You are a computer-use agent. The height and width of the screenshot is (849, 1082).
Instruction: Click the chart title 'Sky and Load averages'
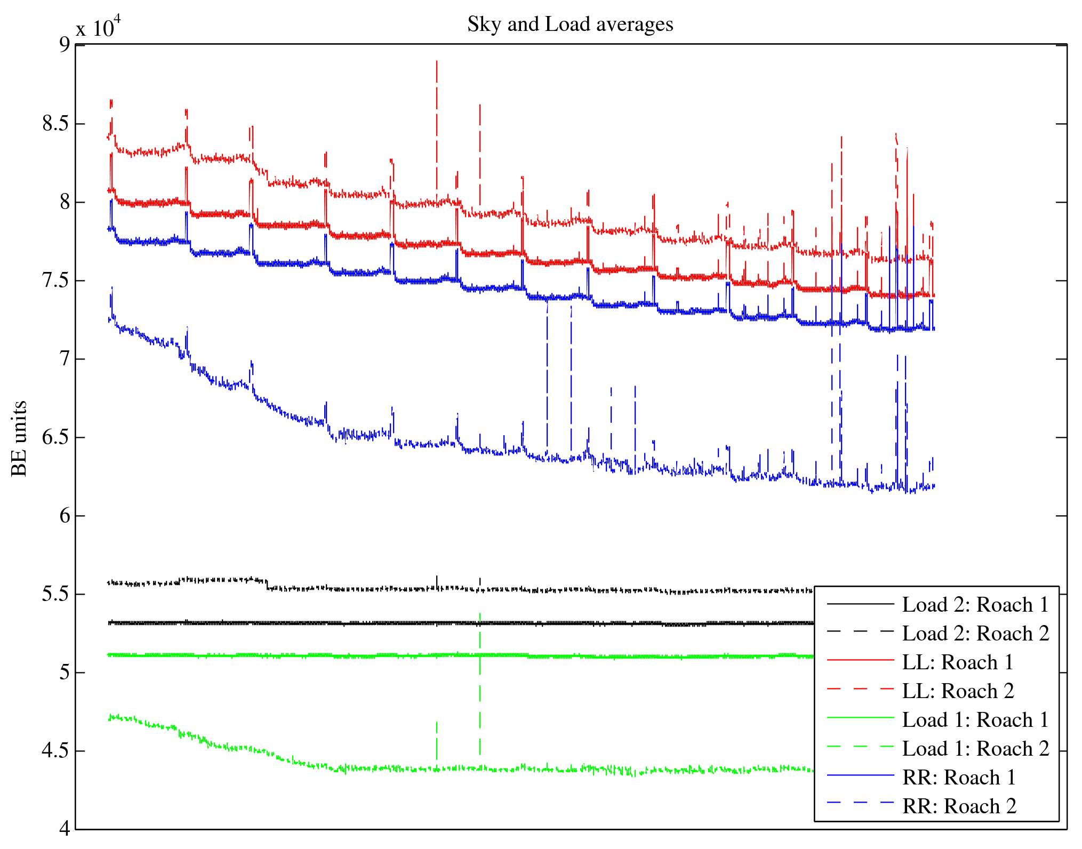[x=570, y=25]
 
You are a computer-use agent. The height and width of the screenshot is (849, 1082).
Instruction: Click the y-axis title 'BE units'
[x=20, y=438]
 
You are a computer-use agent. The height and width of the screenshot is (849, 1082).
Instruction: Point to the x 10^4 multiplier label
[x=99, y=27]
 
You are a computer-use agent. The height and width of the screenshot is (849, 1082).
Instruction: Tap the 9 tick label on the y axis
[x=65, y=45]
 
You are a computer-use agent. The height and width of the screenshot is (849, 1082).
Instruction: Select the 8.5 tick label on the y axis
[x=55, y=124]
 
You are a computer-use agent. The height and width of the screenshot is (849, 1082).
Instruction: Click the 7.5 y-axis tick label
[x=55, y=281]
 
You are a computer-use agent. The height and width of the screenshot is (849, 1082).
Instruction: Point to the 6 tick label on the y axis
[x=65, y=516]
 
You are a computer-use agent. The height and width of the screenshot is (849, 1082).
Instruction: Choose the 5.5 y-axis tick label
[x=55, y=594]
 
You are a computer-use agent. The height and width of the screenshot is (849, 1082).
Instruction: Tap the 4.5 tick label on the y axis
[x=55, y=751]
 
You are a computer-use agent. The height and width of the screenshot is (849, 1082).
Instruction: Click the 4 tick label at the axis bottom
[x=65, y=829]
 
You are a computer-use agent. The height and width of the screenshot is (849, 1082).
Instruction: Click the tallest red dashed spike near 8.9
[x=437, y=69]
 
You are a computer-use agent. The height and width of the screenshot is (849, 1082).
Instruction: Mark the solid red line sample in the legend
[x=860, y=660]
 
